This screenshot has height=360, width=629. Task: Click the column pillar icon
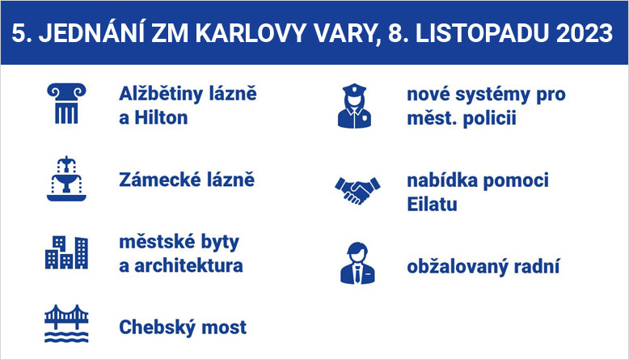tap(66, 103)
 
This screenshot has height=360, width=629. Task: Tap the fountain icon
tap(66, 179)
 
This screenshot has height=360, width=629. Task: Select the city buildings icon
tap(66, 252)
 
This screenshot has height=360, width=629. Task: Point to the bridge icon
tap(66, 324)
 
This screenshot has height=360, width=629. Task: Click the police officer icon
tap(354, 106)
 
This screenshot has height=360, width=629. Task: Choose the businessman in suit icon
tap(357, 263)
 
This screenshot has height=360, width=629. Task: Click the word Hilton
tap(161, 118)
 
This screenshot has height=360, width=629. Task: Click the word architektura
tap(188, 265)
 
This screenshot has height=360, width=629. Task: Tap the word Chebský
tap(157, 327)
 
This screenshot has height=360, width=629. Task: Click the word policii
tap(489, 119)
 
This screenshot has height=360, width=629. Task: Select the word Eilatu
tap(432, 205)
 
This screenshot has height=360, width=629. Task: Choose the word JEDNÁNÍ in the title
tap(91, 32)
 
